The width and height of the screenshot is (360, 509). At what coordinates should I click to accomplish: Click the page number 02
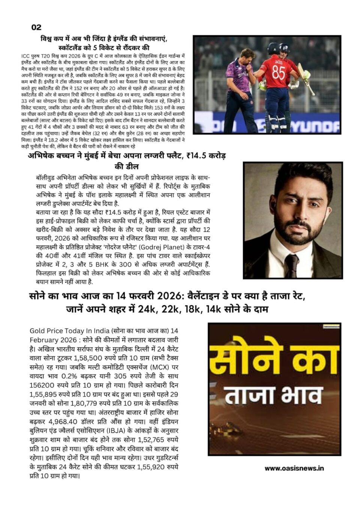pos(36,27)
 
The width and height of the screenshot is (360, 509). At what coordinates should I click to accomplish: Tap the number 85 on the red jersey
pos(278,72)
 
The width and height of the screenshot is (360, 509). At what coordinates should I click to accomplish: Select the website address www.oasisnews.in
pos(294,468)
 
